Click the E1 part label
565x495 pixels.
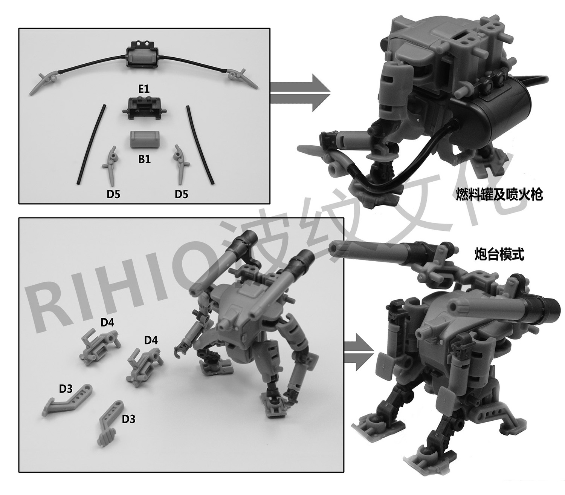[x=144, y=89]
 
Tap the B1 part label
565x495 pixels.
[x=144, y=159]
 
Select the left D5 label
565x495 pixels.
[x=114, y=195]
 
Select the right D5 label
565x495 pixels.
[x=182, y=195]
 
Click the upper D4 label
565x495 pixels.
[x=107, y=322]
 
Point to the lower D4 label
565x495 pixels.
[x=151, y=340]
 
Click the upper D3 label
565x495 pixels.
[x=66, y=389]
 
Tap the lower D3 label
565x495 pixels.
[x=129, y=419]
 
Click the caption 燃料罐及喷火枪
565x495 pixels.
[x=499, y=195]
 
